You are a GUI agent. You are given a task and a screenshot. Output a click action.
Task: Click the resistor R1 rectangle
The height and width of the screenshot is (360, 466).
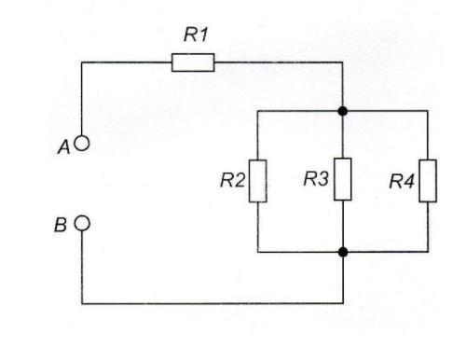pyautogui.click(x=193, y=62)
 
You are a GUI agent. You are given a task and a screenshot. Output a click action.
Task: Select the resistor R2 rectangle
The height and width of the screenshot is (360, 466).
pyautogui.click(x=257, y=181)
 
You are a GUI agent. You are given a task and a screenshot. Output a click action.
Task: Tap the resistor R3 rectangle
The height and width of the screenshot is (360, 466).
pyautogui.click(x=343, y=179)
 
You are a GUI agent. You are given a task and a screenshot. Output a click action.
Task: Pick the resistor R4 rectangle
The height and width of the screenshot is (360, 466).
pyautogui.click(x=428, y=181)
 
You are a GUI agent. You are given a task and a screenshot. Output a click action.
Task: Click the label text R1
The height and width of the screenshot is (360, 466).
pyautogui.click(x=196, y=35)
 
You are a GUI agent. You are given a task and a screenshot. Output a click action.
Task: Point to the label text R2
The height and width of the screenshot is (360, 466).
pyautogui.click(x=232, y=180)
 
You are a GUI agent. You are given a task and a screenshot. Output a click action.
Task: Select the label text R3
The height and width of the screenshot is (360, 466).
pyautogui.click(x=316, y=179)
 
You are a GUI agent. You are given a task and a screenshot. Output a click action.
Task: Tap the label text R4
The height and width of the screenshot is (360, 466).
pyautogui.click(x=402, y=182)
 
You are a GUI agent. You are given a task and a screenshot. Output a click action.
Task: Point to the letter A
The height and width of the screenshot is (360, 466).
pyautogui.click(x=64, y=147)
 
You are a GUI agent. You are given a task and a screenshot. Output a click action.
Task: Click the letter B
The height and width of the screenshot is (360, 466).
pyautogui.click(x=61, y=225)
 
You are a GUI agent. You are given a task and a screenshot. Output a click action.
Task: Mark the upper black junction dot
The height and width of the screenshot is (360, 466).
pyautogui.click(x=343, y=111)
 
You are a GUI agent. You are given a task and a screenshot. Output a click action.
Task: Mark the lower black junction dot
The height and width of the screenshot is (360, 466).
pyautogui.click(x=343, y=252)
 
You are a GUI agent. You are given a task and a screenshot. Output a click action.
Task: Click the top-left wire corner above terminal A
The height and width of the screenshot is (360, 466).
pyautogui.click(x=82, y=62)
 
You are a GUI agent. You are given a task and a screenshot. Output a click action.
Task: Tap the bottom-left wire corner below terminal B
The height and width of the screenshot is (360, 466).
pyautogui.click(x=82, y=303)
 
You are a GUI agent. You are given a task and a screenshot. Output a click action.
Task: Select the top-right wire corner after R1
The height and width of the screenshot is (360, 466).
pyautogui.click(x=343, y=62)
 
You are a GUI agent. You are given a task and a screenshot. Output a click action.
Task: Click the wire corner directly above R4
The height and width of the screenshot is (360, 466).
pyautogui.click(x=428, y=111)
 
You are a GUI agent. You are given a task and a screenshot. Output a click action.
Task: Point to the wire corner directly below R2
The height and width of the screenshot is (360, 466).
pyautogui.click(x=258, y=252)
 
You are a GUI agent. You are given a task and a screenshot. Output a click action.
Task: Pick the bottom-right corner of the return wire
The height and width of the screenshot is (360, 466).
pyautogui.click(x=343, y=303)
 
